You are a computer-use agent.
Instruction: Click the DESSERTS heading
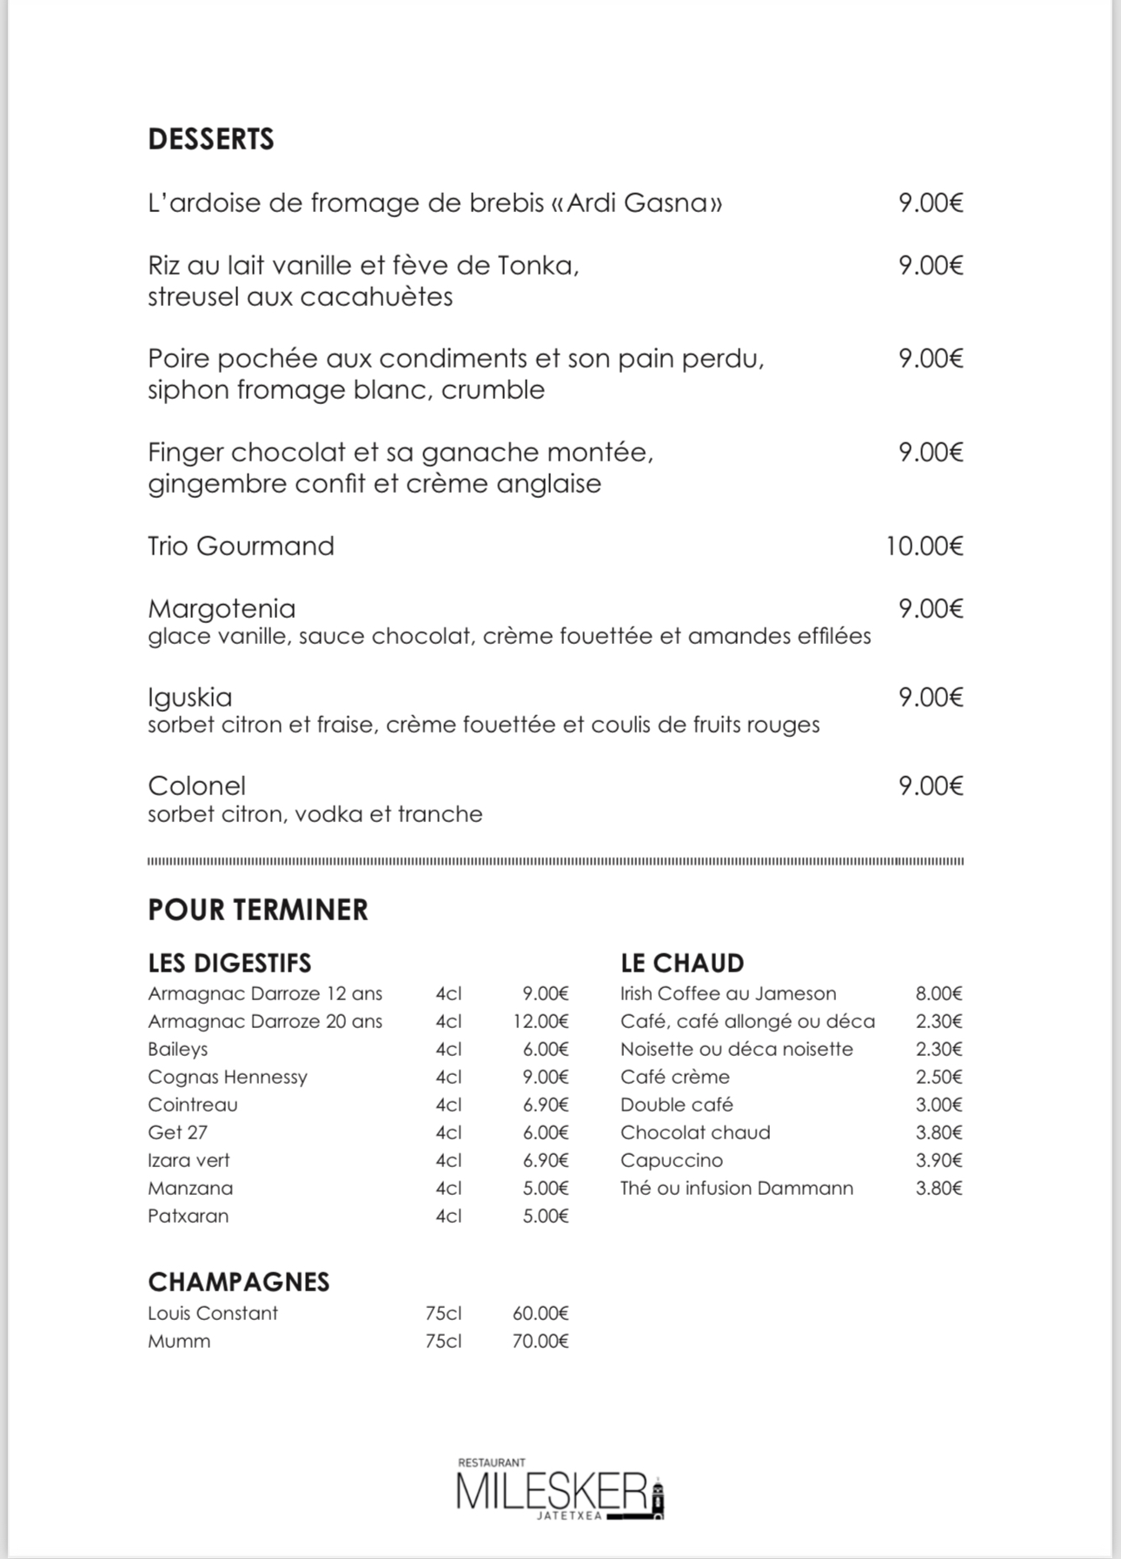(211, 139)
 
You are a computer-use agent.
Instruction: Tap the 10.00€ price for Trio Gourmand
(925, 546)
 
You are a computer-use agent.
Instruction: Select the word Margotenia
(222, 608)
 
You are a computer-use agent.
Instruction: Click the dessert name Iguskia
(190, 697)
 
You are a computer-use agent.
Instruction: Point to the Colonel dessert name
(197, 786)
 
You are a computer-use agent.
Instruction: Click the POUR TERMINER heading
(258, 910)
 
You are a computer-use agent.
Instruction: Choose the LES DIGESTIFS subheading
(229, 963)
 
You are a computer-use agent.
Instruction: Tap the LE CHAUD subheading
(682, 963)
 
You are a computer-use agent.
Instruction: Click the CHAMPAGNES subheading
(239, 1282)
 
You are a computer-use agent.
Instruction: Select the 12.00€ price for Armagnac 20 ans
(541, 1021)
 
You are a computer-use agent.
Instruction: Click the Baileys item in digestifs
(178, 1049)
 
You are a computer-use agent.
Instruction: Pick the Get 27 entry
(177, 1132)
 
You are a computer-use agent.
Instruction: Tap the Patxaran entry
(189, 1216)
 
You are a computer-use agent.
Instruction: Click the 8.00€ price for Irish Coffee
(939, 993)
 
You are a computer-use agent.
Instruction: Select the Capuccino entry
(672, 1160)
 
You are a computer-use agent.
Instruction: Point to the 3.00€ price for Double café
(939, 1105)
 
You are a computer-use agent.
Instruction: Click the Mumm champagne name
(179, 1341)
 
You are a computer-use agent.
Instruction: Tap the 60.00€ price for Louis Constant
(541, 1313)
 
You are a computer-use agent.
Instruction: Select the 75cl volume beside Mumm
(443, 1341)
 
